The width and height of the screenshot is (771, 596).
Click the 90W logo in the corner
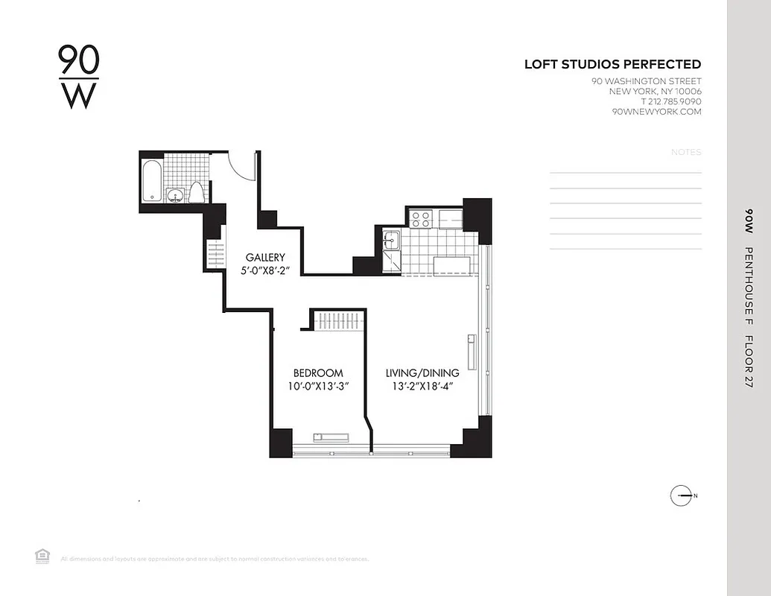coord(78,77)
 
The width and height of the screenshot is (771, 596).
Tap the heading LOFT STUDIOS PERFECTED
coord(612,65)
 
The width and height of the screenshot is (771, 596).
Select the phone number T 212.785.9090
coord(670,101)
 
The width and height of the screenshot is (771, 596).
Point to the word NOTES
coord(686,152)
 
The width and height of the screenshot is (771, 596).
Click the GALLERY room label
coord(265,258)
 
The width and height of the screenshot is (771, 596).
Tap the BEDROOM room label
coord(318,373)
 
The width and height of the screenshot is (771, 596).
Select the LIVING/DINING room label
coord(422,373)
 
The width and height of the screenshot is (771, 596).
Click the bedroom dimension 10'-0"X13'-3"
coord(318,386)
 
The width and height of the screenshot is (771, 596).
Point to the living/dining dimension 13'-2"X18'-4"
coord(422,386)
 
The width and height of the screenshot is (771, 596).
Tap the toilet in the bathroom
coord(197,193)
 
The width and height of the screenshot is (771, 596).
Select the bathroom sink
coord(175,195)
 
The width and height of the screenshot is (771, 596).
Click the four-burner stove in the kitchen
coord(421,219)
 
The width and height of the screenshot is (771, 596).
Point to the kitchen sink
coord(391,241)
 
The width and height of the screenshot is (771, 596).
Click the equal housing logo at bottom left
coord(42,555)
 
